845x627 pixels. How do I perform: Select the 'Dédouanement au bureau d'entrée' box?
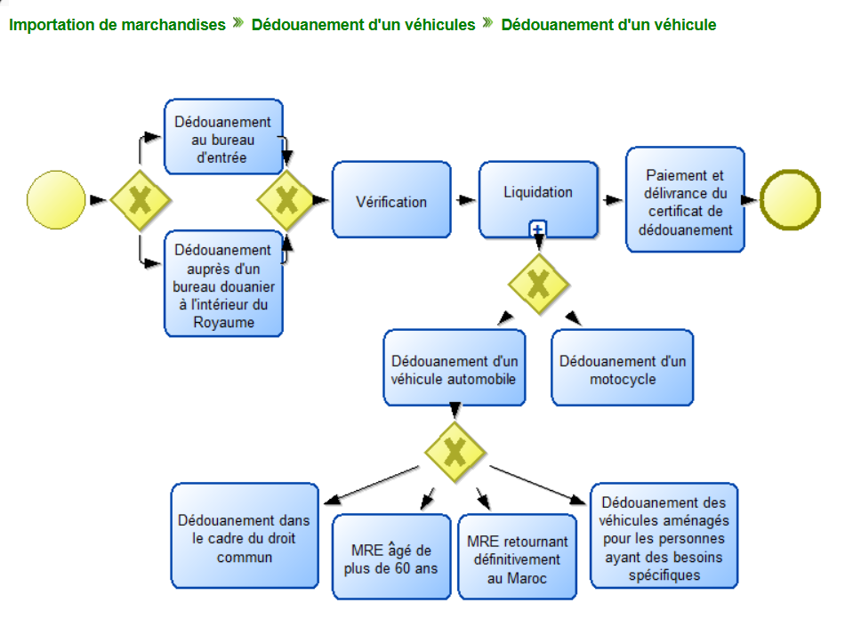tap(223, 137)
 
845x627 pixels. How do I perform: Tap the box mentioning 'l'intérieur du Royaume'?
tap(223, 285)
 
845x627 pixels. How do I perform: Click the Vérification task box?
tap(391, 201)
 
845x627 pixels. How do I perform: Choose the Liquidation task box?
tap(538, 197)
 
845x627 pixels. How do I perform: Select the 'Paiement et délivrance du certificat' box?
tap(685, 199)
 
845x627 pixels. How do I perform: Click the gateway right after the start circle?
tap(140, 200)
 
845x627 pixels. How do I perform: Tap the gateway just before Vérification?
tap(286, 200)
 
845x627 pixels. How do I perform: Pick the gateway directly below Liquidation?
tap(538, 284)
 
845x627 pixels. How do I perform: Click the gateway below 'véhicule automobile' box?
tap(455, 452)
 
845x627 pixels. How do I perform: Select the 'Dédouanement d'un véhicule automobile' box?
tap(455, 368)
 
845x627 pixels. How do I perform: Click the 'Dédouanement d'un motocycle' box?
tap(623, 368)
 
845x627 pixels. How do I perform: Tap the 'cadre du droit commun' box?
tap(244, 535)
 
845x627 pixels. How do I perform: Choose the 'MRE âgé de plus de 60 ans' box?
tap(391, 557)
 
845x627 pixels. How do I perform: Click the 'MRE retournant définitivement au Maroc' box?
tap(518, 557)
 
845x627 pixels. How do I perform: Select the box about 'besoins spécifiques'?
tap(664, 535)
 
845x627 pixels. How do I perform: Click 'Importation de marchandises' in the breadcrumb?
tap(117, 25)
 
